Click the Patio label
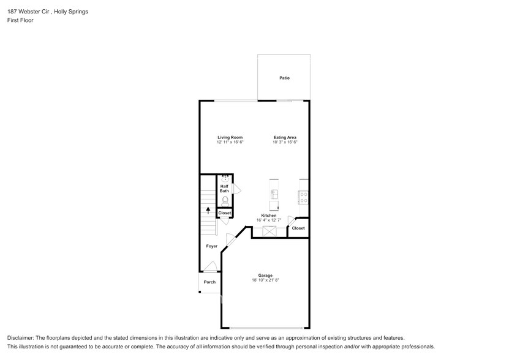[x=284, y=78]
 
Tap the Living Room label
[x=230, y=137]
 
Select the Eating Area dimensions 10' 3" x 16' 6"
[x=285, y=142]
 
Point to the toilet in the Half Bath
[x=225, y=200]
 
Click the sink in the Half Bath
[x=225, y=178]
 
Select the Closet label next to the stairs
[x=225, y=213]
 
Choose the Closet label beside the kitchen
[x=298, y=228]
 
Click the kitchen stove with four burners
[x=303, y=196]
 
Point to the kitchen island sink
[x=274, y=194]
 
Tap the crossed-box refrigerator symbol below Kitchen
[x=270, y=231]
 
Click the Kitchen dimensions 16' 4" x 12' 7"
[x=269, y=220]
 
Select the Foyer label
[x=211, y=246]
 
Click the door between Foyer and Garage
[x=230, y=241]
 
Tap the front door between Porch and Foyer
[x=209, y=267]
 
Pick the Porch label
[x=209, y=282]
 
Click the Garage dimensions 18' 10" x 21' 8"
[x=265, y=280]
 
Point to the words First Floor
[x=20, y=20]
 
